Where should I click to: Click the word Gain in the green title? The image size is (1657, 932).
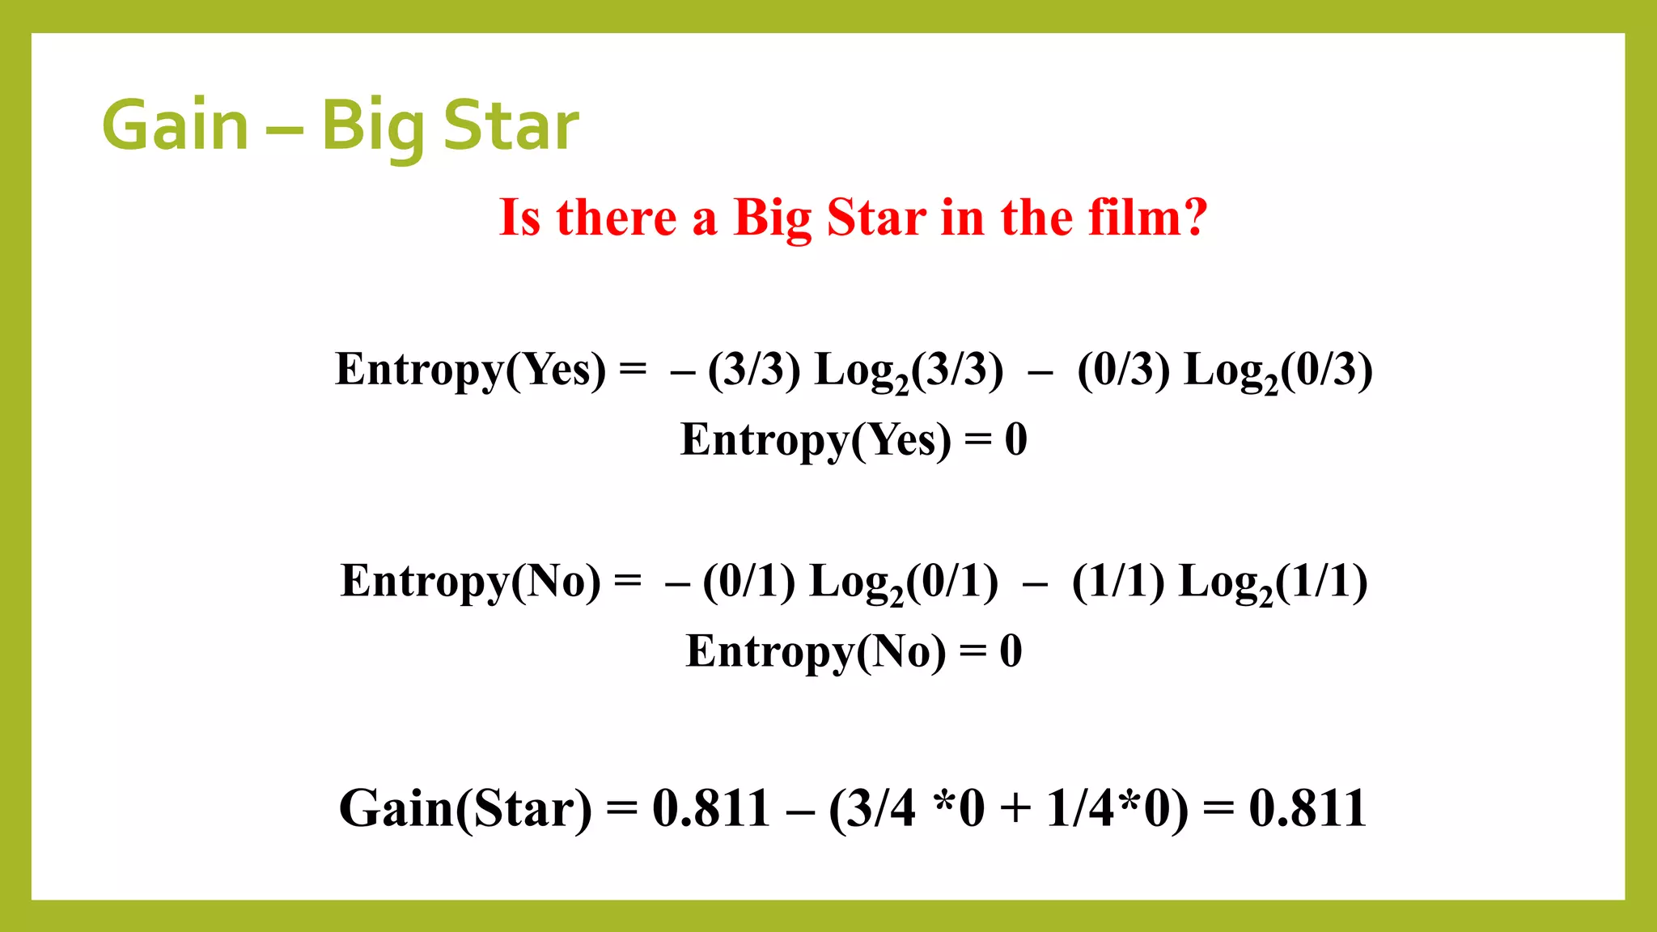176,125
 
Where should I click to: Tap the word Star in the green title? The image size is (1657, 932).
511,125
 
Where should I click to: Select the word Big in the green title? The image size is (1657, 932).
371,127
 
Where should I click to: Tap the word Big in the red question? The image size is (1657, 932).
772,218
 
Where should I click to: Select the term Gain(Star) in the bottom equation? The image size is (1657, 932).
465,808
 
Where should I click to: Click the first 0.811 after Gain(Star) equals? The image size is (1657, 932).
711,808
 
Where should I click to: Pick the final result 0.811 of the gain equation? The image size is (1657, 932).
1307,808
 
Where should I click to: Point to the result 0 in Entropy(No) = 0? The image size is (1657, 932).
1011,651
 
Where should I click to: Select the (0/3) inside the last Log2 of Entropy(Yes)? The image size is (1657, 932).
1327,370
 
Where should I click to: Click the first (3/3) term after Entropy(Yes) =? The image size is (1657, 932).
754,370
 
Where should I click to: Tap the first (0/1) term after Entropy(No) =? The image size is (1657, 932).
749,582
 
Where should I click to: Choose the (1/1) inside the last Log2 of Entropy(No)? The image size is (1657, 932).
1322,582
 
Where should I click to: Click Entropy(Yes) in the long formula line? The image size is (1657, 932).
470,370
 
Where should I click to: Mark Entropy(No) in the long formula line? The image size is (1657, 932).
471,582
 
